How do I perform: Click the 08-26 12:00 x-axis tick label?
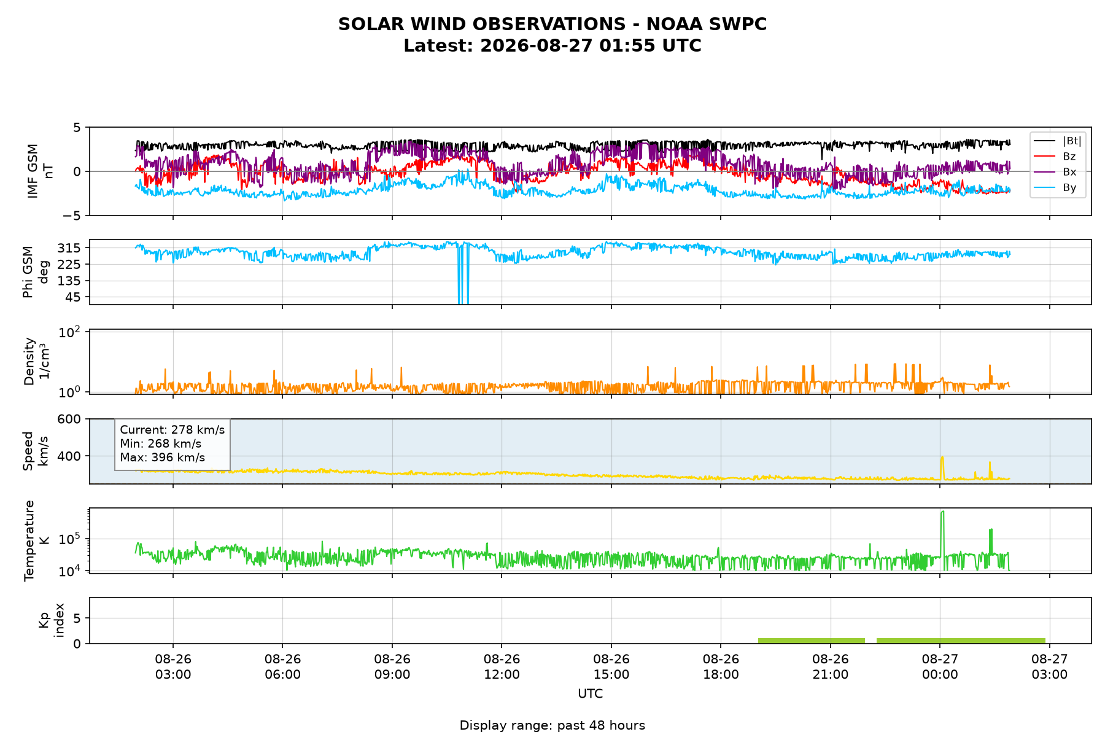(x=502, y=666)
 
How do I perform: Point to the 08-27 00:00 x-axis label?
(x=940, y=666)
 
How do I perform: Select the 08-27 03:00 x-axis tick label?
(x=1050, y=666)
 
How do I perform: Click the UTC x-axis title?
(x=591, y=694)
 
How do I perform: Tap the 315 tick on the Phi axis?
(x=72, y=248)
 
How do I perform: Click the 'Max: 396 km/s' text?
(x=163, y=458)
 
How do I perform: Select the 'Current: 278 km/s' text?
(x=173, y=430)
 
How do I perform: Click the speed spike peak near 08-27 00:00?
(x=942, y=456)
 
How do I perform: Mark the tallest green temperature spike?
(x=943, y=512)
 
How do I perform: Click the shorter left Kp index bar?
(x=812, y=641)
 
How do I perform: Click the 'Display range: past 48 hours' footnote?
(x=552, y=725)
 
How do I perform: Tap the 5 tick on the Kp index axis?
(x=77, y=618)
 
